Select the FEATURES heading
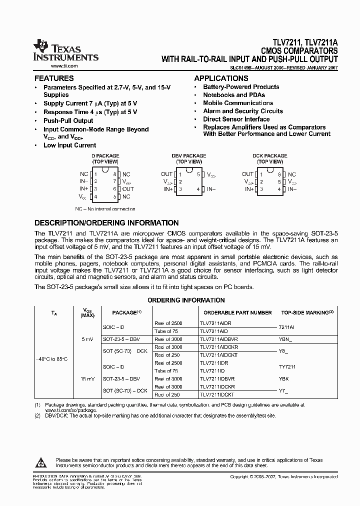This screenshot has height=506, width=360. click(x=54, y=78)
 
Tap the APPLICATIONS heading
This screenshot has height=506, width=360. click(x=221, y=78)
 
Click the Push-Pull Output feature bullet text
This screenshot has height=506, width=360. click(x=68, y=121)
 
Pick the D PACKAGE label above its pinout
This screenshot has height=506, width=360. click(x=105, y=156)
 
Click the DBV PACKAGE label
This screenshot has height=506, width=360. click(x=188, y=156)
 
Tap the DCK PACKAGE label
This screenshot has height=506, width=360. click(x=270, y=156)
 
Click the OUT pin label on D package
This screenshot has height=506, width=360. click(x=128, y=189)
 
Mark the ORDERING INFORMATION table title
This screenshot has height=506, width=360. click(x=185, y=300)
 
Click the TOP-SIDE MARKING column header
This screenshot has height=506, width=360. click(x=307, y=312)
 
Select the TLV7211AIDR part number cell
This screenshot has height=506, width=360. click(x=215, y=323)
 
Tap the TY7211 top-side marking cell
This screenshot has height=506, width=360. click(x=287, y=367)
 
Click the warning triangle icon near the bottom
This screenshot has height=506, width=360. click(x=41, y=461)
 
